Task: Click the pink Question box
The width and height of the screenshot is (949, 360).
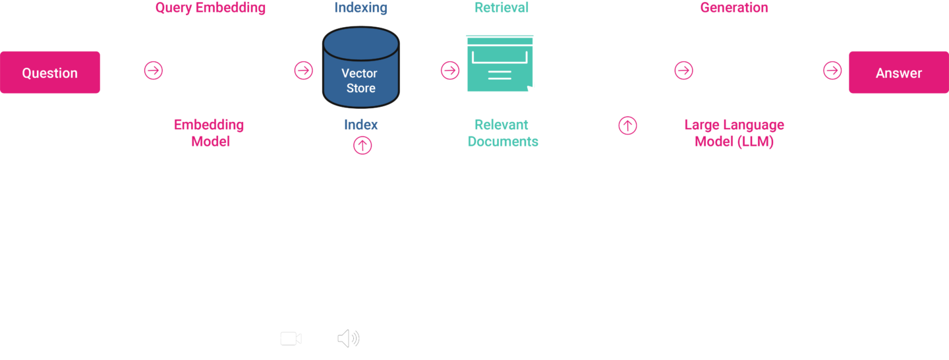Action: (x=50, y=73)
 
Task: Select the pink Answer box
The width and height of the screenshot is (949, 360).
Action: (x=898, y=73)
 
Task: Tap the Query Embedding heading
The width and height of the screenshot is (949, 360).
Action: (x=210, y=9)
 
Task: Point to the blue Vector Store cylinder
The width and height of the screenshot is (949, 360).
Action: (x=360, y=69)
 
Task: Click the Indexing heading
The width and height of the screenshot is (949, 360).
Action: (x=360, y=9)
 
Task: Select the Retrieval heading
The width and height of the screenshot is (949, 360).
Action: (x=502, y=9)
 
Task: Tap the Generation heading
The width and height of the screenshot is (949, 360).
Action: (x=733, y=9)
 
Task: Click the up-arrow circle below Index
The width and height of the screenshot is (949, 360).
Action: (x=362, y=145)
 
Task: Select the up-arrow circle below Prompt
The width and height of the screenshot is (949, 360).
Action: (x=627, y=125)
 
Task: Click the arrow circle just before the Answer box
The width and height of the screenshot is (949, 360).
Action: (x=832, y=70)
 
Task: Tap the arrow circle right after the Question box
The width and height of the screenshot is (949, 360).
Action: (x=153, y=70)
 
